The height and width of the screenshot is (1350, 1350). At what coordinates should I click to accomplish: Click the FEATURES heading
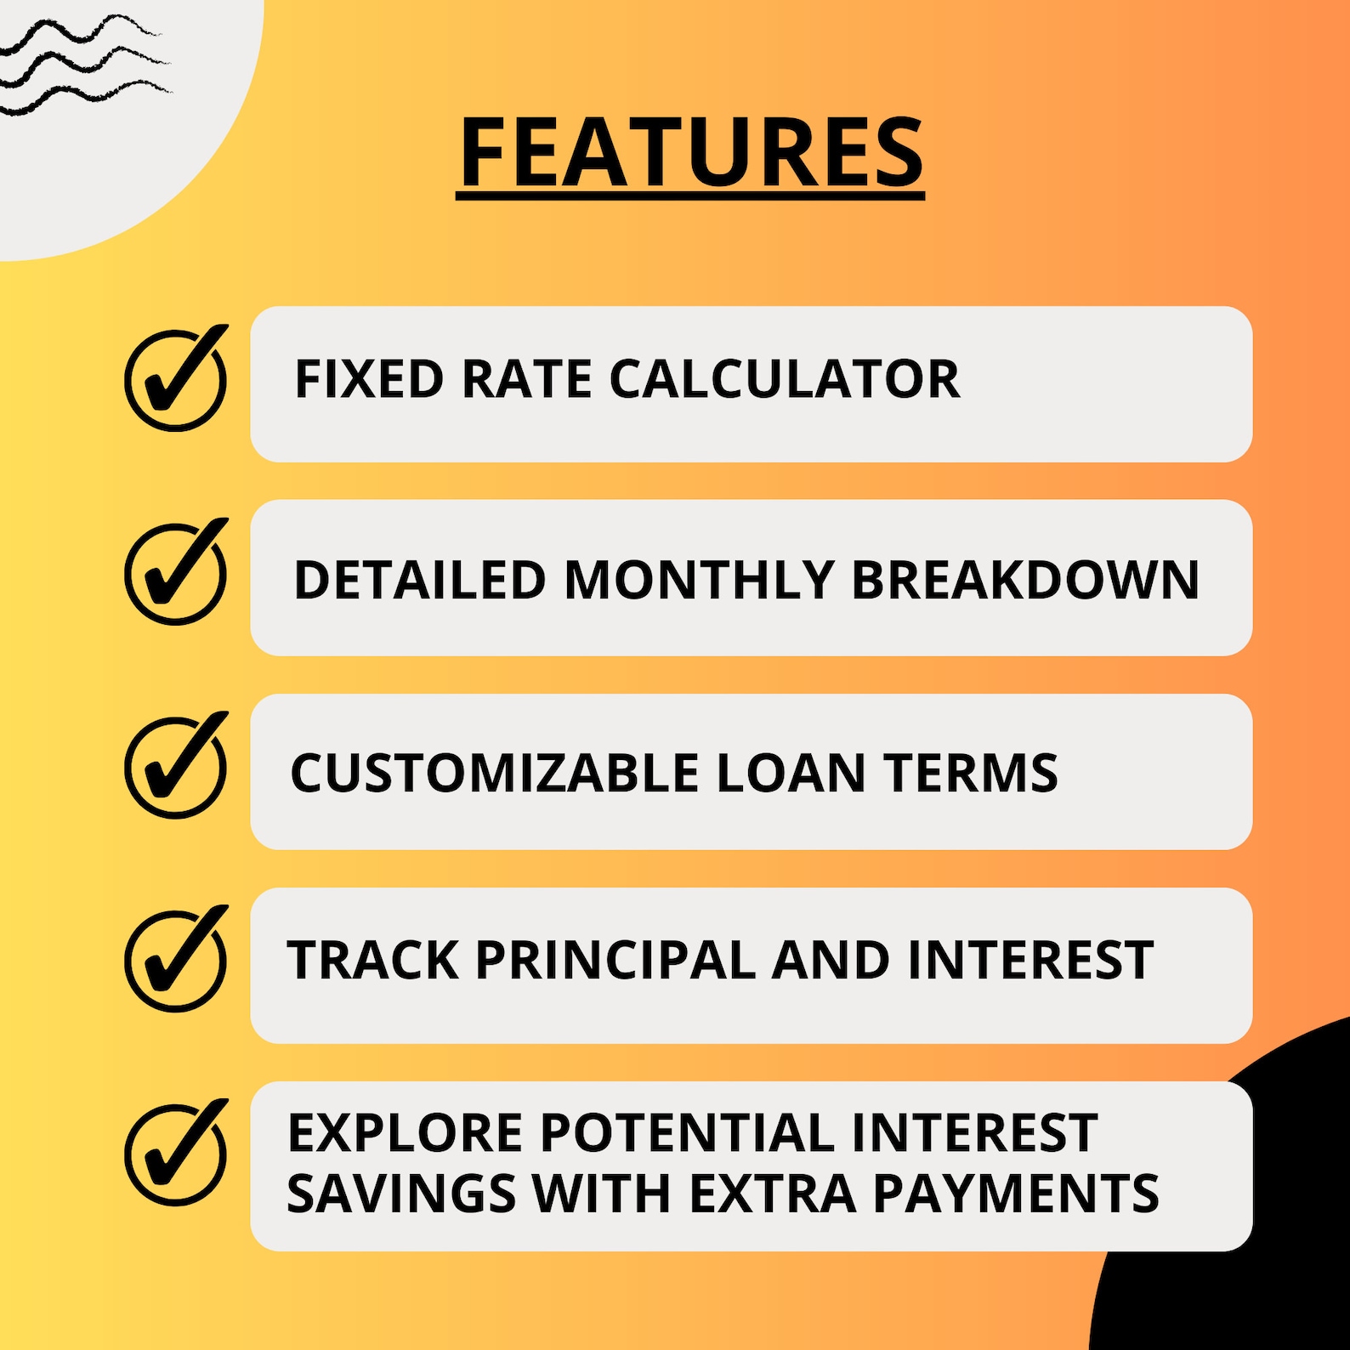690,153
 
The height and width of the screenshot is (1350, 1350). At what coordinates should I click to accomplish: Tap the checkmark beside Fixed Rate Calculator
176,379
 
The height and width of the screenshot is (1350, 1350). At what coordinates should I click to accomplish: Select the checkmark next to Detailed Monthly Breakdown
176,573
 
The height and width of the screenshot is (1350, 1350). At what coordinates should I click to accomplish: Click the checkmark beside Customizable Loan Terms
176,767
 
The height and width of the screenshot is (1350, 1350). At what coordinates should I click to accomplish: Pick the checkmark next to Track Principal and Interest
176,961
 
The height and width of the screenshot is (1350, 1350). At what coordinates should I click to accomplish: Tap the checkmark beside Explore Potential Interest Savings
176,1154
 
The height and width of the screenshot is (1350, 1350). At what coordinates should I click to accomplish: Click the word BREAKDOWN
1025,580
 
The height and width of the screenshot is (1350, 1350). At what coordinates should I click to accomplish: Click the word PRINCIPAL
615,961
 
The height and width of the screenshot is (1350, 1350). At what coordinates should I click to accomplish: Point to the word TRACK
373,961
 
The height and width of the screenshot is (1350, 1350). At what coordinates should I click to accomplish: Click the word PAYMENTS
1016,1193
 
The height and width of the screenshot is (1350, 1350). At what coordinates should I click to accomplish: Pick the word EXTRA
772,1193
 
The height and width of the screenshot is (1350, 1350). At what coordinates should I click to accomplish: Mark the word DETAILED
419,580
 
